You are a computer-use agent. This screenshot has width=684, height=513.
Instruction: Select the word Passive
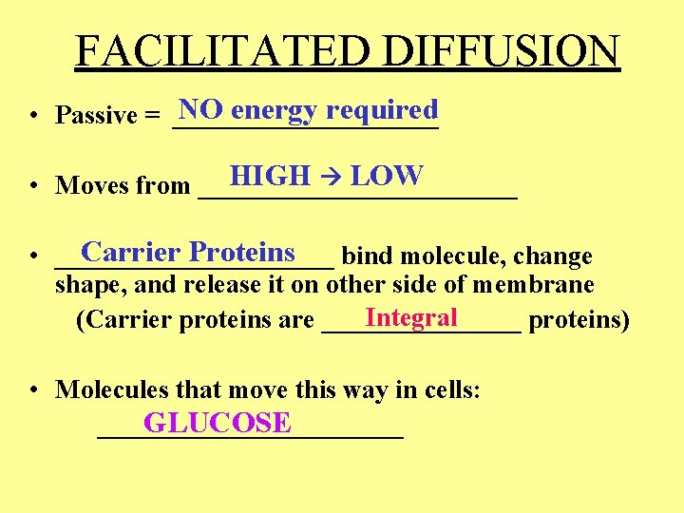97,116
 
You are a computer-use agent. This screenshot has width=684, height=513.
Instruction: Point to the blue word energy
274,111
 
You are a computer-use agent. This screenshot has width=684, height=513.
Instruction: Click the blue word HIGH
271,176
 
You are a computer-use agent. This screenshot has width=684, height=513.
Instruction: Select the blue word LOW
386,176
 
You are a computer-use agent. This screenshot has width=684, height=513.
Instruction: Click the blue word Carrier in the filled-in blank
130,253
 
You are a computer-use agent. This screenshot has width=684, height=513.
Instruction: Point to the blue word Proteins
242,253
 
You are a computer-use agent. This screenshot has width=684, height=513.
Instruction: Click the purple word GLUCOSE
218,423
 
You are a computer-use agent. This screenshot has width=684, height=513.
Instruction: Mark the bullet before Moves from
32,186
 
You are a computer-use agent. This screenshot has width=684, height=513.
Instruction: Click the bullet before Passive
32,116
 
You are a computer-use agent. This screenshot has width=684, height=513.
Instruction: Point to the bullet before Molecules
32,389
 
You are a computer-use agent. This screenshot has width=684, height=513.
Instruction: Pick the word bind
363,256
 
